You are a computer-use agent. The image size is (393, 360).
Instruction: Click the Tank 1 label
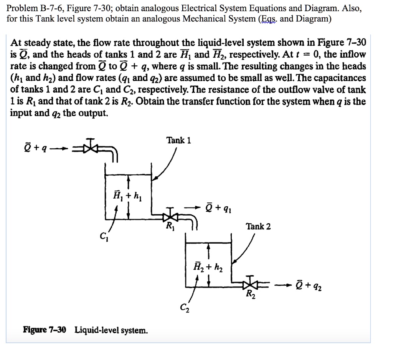[178, 140]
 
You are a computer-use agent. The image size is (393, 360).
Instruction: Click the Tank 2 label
[258, 226]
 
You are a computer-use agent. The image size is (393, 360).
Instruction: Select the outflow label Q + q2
[310, 286]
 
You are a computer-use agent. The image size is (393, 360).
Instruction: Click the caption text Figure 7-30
[45, 330]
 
